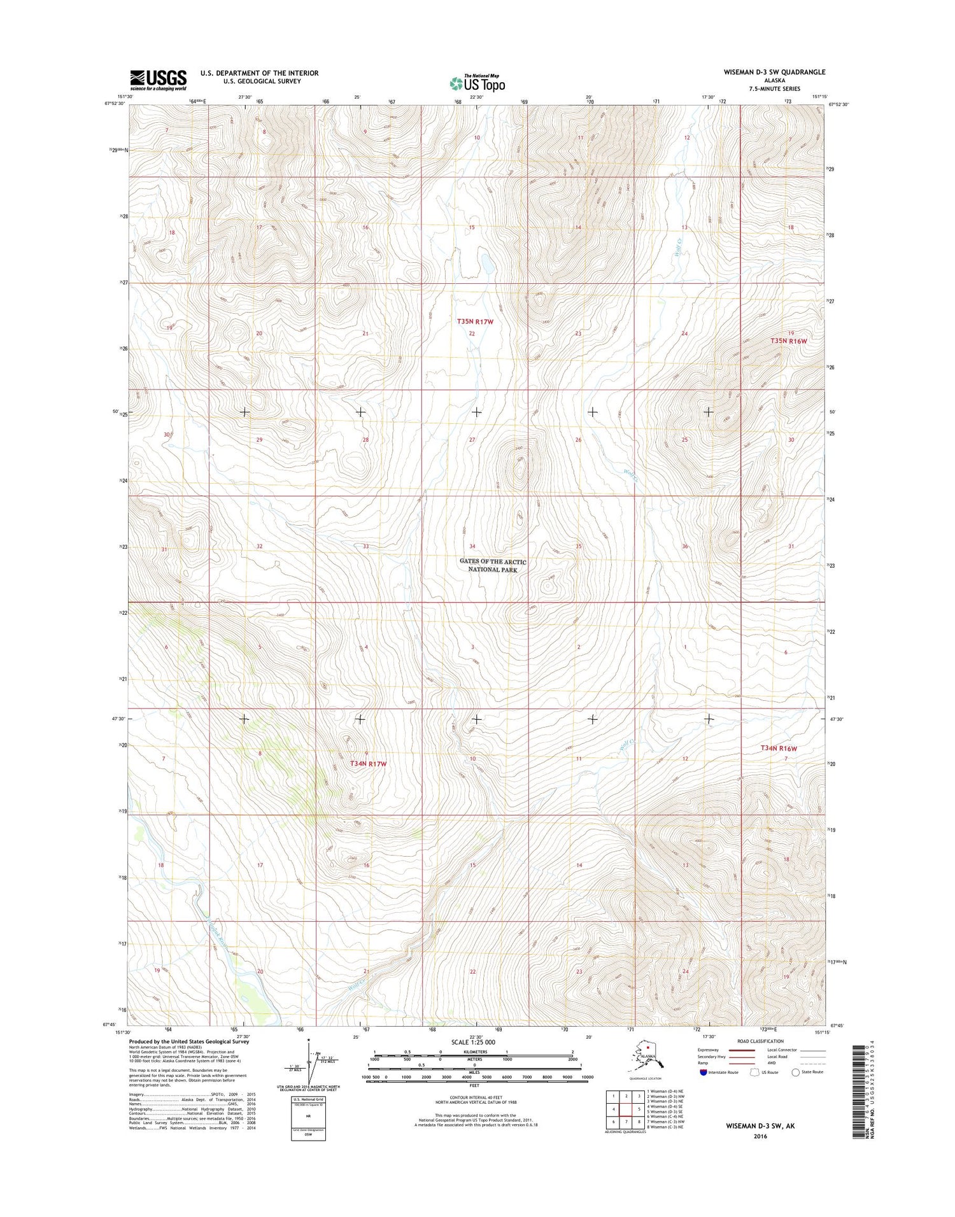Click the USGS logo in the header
pyautogui.click(x=159, y=79)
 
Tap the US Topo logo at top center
pyautogui.click(x=478, y=83)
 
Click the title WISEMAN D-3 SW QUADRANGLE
pyautogui.click(x=774, y=72)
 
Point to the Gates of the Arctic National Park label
pyautogui.click(x=493, y=565)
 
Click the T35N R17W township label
pyautogui.click(x=475, y=322)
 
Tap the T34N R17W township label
pyautogui.click(x=368, y=763)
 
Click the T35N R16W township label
pyautogui.click(x=788, y=341)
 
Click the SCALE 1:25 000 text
pyautogui.click(x=472, y=1042)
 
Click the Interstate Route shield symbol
pyautogui.click(x=703, y=1072)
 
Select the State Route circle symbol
pyautogui.click(x=795, y=1072)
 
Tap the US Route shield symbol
pyautogui.click(x=755, y=1072)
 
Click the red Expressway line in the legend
pyautogui.click(x=742, y=1050)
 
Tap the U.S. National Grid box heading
pyautogui.click(x=308, y=1099)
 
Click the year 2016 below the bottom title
pyautogui.click(x=761, y=1136)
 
